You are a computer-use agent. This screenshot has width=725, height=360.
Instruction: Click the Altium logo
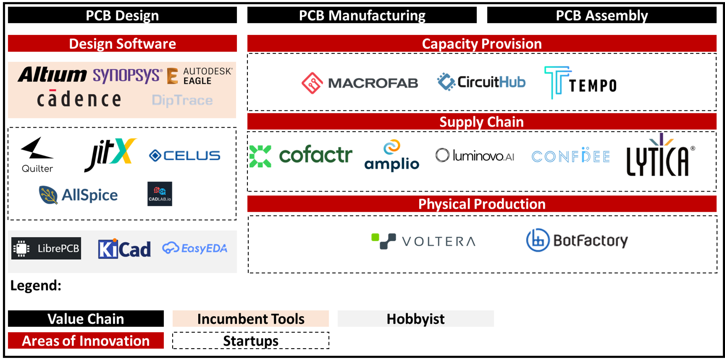53,75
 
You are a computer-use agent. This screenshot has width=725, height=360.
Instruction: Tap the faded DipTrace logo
182,100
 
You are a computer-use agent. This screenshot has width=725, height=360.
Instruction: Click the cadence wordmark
79,99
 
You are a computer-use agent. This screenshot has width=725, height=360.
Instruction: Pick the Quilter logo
37,155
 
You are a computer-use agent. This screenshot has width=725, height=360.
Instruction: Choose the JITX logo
110,155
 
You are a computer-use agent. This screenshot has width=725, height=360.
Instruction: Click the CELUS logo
185,156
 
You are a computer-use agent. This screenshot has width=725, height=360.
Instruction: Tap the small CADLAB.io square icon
160,194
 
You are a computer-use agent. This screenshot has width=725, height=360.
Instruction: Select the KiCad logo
124,249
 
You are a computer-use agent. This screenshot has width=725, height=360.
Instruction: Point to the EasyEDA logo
195,248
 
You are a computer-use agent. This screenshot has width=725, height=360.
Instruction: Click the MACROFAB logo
360,83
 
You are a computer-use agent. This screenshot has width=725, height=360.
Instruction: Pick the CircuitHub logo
481,82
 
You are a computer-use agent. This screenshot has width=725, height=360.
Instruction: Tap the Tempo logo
581,83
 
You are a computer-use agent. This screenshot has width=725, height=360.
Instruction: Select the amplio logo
392,156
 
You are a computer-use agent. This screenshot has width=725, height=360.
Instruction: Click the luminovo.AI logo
475,156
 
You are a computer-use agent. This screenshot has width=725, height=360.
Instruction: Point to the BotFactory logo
577,240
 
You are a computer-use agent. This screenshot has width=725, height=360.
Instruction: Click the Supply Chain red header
482,122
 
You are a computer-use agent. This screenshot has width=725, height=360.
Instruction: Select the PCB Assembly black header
602,16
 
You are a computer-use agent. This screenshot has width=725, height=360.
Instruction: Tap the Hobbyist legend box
416,319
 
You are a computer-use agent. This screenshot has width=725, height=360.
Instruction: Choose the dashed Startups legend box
251,341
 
